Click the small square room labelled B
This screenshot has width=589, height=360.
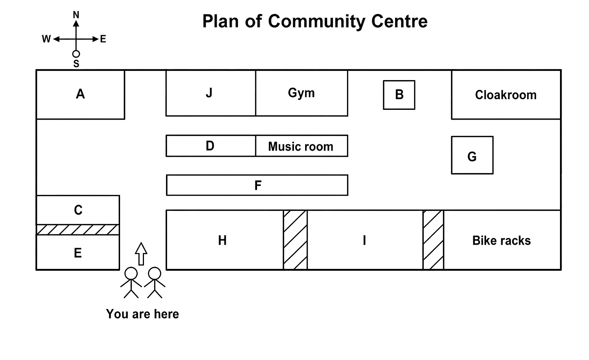(399, 95)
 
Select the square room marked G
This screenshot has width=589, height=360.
(472, 155)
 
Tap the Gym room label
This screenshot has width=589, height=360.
(301, 93)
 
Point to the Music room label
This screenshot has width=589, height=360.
(300, 147)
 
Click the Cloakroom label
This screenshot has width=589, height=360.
(506, 95)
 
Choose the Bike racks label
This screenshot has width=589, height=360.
(502, 241)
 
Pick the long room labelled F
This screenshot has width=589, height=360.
(257, 185)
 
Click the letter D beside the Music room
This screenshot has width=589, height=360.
(210, 146)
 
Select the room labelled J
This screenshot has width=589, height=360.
(211, 93)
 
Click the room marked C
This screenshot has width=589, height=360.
(78, 210)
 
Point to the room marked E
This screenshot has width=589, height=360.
(78, 252)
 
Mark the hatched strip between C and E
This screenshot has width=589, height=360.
(78, 230)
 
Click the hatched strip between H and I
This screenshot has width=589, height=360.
(295, 240)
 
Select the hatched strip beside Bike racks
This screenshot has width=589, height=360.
(433, 240)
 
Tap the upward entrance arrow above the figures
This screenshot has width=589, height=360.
(141, 254)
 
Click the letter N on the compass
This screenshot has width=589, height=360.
(76, 15)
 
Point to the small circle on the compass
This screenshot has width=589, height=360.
(76, 54)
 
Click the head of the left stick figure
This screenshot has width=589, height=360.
(131, 273)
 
